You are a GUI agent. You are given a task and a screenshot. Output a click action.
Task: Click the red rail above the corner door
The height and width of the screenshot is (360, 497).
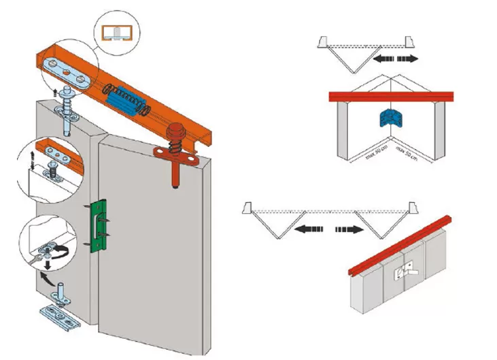click(388, 97)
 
